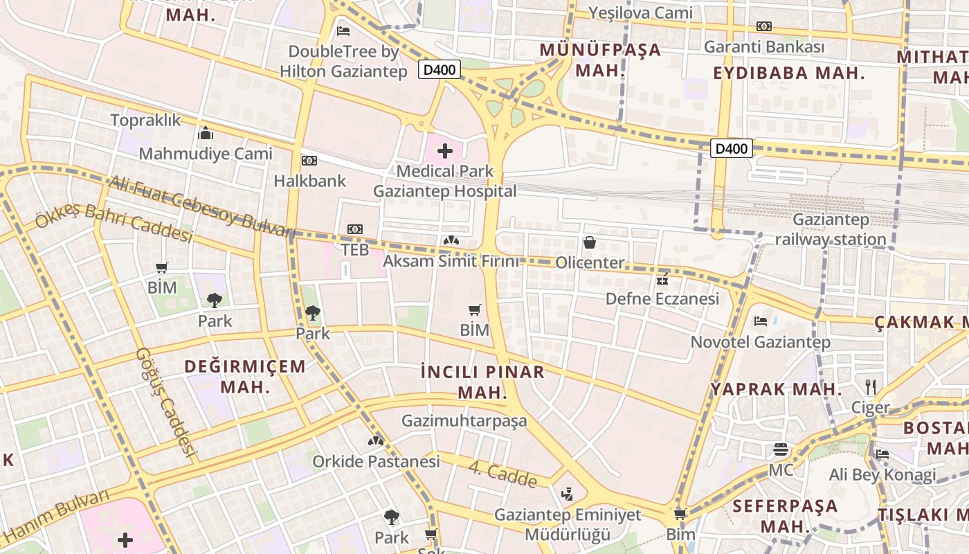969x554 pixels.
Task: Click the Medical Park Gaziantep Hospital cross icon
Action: (x=445, y=151)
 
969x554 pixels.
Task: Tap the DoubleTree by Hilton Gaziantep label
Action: (x=343, y=61)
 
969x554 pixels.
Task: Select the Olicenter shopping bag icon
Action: (x=590, y=242)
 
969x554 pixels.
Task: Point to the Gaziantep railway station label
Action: (x=831, y=229)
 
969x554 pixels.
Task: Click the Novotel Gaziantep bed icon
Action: (x=760, y=321)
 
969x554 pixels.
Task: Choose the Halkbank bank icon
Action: (x=309, y=161)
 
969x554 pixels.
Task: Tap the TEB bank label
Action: (x=355, y=249)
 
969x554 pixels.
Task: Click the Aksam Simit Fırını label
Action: (x=451, y=261)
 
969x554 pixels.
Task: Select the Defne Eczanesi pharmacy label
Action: (x=662, y=298)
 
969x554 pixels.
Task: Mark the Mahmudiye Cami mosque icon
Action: (x=206, y=133)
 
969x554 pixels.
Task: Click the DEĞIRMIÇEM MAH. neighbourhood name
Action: (x=245, y=376)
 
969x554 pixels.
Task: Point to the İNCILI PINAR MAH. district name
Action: (x=483, y=382)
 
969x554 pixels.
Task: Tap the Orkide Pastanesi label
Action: (x=376, y=461)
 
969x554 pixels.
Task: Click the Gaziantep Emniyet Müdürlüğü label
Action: (x=568, y=524)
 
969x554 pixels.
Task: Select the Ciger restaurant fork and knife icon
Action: (x=871, y=386)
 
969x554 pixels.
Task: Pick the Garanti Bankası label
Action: (x=764, y=47)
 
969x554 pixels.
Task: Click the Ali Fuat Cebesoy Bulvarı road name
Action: (x=201, y=206)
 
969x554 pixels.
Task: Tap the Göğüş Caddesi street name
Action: (x=165, y=402)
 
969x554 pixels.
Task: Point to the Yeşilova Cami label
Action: (x=640, y=12)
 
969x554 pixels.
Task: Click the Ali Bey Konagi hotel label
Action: (x=882, y=475)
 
